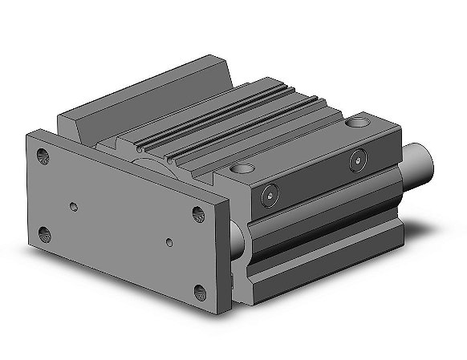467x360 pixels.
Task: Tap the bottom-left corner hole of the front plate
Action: [x=44, y=234]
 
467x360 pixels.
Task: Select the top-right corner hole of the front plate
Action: [x=199, y=214]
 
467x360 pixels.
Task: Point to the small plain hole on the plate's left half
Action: [x=74, y=207]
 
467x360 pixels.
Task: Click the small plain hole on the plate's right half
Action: [x=169, y=241]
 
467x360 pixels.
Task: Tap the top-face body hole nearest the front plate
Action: [x=242, y=170]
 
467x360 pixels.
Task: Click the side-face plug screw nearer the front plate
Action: [x=270, y=192]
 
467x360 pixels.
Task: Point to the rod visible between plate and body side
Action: [x=238, y=237]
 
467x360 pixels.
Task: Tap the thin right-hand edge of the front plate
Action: [x=227, y=257]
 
